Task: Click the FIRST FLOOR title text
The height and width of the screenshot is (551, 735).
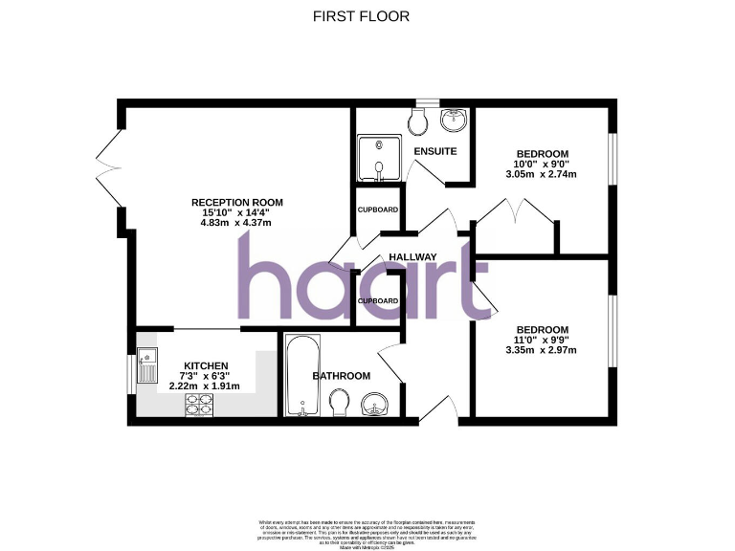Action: point(362,16)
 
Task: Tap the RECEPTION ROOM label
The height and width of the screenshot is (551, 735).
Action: point(236,202)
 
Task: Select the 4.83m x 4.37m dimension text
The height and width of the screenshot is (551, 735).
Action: point(236,224)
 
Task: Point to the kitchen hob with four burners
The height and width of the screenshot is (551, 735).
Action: point(198,406)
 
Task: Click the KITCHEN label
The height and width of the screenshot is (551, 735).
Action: point(206,365)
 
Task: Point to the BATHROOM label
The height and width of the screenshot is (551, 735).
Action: point(342,376)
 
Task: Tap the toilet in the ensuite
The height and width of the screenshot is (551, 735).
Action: point(417,120)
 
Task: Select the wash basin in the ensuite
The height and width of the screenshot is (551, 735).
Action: point(454,121)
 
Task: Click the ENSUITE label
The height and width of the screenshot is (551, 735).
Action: point(434,151)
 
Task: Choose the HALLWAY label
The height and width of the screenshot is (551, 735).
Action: point(412,257)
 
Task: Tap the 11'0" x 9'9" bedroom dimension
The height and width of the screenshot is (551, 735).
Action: point(543,340)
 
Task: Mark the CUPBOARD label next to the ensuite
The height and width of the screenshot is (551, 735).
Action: point(377,210)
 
